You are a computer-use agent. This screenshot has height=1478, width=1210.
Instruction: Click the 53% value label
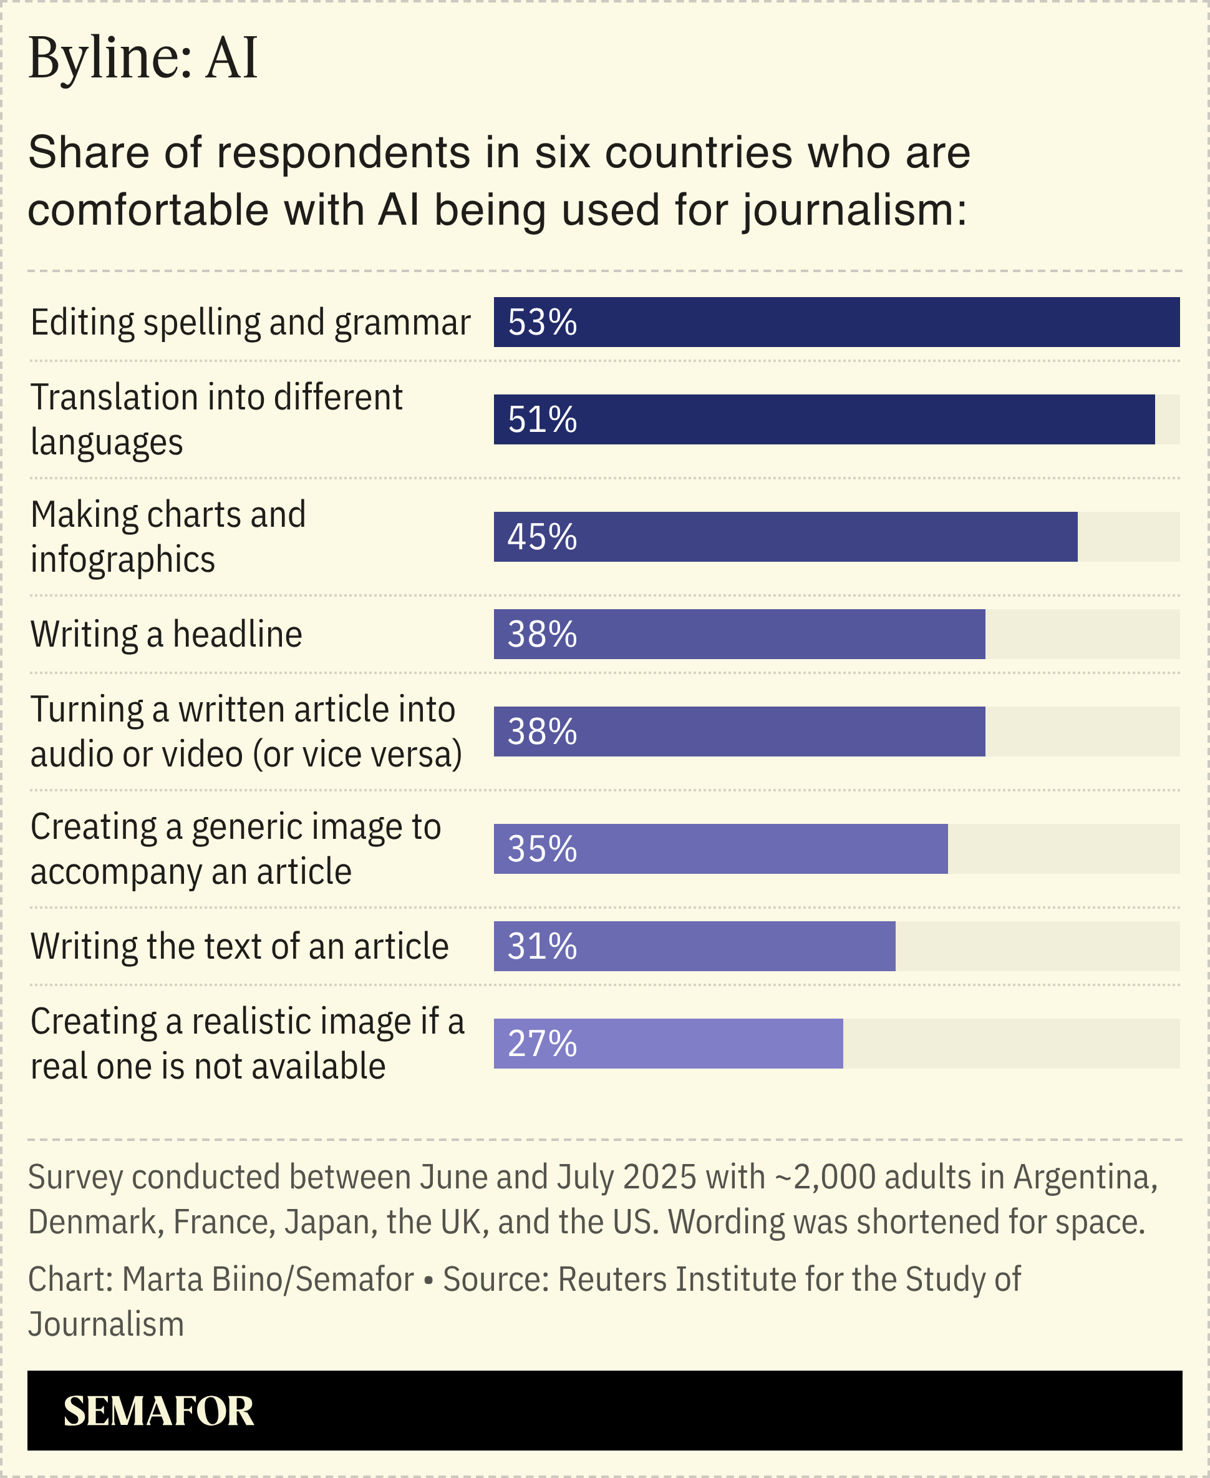click(x=541, y=322)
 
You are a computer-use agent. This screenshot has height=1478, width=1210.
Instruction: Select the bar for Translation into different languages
click(x=824, y=419)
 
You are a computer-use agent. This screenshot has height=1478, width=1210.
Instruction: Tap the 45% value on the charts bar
click(x=541, y=537)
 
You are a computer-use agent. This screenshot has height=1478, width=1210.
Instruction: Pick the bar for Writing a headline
click(x=739, y=634)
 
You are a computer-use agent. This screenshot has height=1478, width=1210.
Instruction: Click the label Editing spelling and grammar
click(x=250, y=322)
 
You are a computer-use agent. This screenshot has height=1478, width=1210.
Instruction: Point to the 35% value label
click(x=541, y=849)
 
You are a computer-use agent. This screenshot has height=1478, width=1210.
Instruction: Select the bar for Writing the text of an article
click(x=694, y=946)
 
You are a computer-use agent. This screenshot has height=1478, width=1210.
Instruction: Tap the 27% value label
click(x=541, y=1044)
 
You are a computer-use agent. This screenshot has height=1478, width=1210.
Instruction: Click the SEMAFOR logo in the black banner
click(x=158, y=1411)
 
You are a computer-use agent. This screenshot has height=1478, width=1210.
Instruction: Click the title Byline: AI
click(x=143, y=57)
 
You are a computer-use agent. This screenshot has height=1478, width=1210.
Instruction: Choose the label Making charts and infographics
click(x=168, y=536)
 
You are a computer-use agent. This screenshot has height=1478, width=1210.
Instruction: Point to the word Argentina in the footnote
click(x=1085, y=1177)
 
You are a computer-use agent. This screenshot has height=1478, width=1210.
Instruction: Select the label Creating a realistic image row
click(x=247, y=1044)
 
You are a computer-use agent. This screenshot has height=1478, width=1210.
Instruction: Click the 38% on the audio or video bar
click(x=541, y=732)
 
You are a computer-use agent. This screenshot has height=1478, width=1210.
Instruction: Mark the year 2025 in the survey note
click(x=659, y=1177)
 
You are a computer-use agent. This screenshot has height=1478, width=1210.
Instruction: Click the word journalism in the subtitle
click(x=853, y=210)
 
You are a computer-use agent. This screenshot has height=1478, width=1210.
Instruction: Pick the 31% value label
click(x=541, y=946)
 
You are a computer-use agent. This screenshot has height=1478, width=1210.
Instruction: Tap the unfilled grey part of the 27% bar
click(x=1010, y=1044)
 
